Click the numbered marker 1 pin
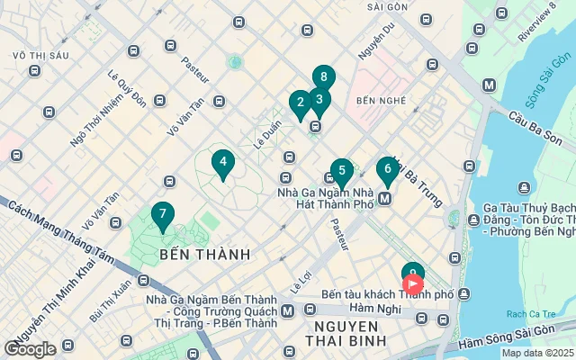412,273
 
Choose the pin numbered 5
341,170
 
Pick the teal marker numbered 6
387,168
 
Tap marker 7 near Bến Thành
162,214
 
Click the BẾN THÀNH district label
204,255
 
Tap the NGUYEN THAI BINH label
346,332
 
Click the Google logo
30,349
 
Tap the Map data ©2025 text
536,353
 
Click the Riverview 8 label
537,24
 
